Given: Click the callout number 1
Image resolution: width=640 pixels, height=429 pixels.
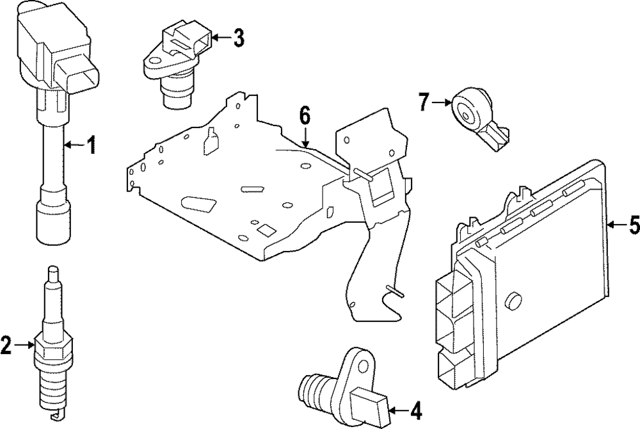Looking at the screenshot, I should [x=92, y=146].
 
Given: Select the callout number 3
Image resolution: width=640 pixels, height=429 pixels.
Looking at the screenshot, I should [x=238, y=38].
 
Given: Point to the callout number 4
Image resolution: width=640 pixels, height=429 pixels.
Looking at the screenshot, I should [x=415, y=410].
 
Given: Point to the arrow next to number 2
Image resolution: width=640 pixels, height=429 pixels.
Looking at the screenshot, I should [x=26, y=346].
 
